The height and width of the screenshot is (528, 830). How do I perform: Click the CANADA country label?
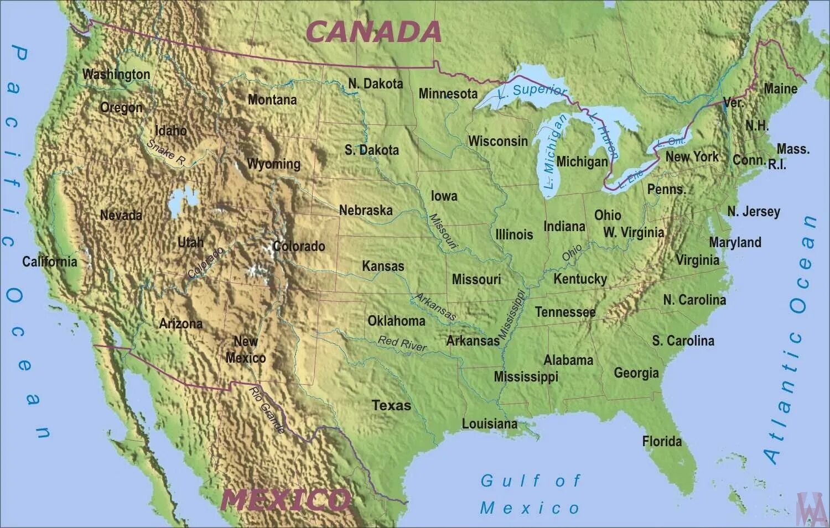click(x=373, y=32)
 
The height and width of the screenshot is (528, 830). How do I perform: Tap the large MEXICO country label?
click(x=286, y=500)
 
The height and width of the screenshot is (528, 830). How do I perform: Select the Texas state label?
click(x=391, y=405)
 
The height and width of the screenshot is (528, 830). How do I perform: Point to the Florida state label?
click(x=662, y=441)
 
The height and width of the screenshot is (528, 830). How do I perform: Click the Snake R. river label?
click(x=166, y=152)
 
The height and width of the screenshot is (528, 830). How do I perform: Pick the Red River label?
click(x=402, y=343)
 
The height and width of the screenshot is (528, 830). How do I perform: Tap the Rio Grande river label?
click(x=267, y=410)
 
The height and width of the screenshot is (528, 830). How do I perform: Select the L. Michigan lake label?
click(x=555, y=151)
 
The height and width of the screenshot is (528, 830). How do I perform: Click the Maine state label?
click(x=780, y=88)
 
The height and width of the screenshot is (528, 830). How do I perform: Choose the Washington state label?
click(x=116, y=74)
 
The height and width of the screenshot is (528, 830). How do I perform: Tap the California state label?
click(x=50, y=262)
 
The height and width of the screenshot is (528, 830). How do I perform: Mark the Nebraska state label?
click(x=366, y=210)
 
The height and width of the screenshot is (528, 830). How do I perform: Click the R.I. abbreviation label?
click(x=776, y=164)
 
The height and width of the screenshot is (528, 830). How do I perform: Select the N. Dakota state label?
click(x=375, y=83)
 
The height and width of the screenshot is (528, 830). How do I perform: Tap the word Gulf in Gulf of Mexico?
click(x=503, y=480)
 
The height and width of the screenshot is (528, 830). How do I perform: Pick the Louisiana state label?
click(x=490, y=424)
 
